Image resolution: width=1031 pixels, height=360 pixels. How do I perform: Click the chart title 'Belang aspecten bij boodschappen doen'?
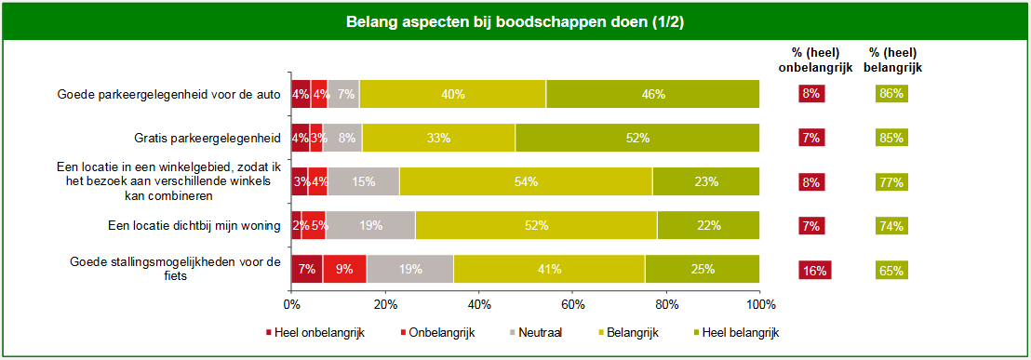point(515,20)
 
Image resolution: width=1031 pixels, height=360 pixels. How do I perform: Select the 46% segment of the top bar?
point(652,94)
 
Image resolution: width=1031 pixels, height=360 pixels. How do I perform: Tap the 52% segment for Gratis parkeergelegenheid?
point(637,138)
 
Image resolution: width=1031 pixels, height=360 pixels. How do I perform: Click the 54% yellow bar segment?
point(526,181)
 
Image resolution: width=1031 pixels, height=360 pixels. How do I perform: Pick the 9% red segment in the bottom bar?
point(344,270)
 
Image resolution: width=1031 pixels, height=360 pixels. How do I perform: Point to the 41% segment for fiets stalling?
point(549,270)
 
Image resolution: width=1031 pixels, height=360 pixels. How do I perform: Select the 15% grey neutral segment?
point(363,181)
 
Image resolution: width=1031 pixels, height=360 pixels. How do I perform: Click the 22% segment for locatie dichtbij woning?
point(708,225)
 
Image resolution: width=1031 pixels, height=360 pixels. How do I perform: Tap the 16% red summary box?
point(814,271)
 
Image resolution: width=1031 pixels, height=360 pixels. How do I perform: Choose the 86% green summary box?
point(891,93)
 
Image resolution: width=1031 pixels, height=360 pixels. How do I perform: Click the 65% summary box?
point(891,271)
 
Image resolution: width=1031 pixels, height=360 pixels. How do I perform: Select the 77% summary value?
point(891,181)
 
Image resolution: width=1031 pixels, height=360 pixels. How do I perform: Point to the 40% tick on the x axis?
point(478,303)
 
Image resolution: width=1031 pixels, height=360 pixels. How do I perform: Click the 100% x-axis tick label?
point(760,303)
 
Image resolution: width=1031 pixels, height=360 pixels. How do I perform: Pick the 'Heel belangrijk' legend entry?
point(735,332)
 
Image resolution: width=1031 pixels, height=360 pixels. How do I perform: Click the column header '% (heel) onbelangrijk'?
point(814,60)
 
